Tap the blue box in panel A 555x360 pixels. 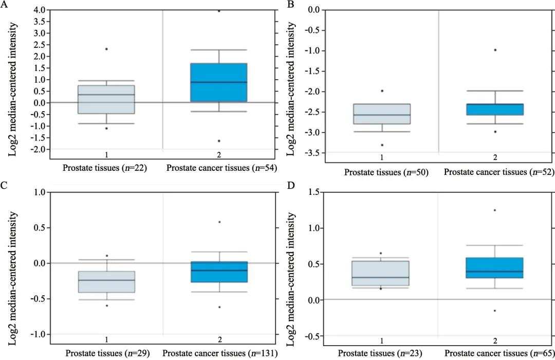point(219,82)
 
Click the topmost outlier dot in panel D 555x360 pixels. point(495,210)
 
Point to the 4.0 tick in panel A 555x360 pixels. point(39,10)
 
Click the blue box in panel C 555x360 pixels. point(219,272)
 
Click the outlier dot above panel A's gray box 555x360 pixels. point(106,49)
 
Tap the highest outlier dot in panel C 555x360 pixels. point(219,222)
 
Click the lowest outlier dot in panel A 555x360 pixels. point(219,141)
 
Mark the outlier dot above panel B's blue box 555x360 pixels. point(495,50)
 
